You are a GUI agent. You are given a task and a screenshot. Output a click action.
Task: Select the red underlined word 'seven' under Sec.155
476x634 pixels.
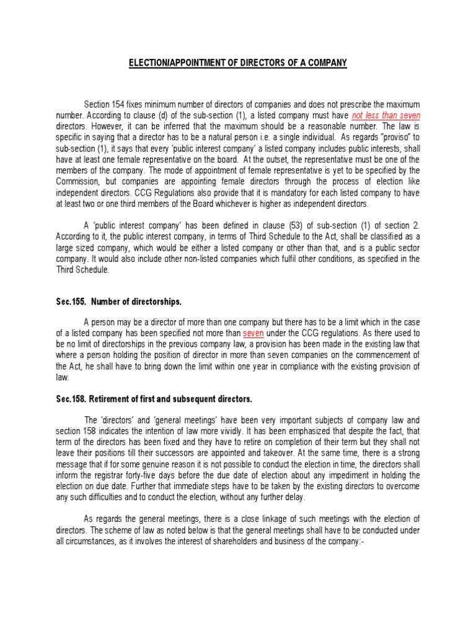[x=253, y=332]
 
